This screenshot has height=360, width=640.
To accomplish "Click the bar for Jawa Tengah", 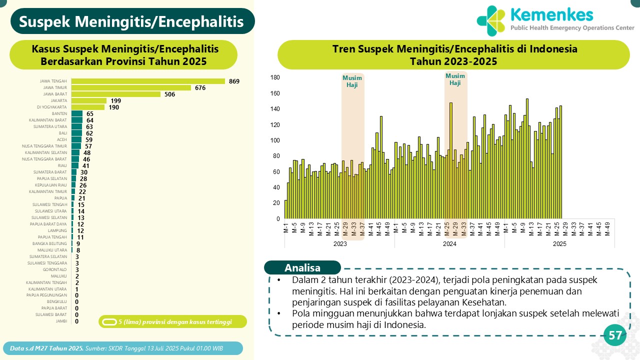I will (x=148, y=81).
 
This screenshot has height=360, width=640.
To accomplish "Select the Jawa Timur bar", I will (x=131, y=87).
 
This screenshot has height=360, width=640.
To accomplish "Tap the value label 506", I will (x=169, y=94).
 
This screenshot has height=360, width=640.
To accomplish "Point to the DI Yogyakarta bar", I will (x=88, y=107).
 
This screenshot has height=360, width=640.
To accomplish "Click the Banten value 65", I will (x=90, y=113).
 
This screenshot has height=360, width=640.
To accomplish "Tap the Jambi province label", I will (x=61, y=321).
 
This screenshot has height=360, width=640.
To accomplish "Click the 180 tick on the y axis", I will (x=275, y=77).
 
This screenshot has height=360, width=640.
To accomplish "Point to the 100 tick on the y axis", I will (x=275, y=140).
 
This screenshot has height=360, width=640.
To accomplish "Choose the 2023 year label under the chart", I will (x=340, y=243).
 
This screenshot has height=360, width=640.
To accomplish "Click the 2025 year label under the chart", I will (x=559, y=243).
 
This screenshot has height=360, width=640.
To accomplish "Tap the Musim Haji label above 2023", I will (x=352, y=81).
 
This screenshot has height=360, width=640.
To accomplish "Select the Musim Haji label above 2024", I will (x=455, y=79).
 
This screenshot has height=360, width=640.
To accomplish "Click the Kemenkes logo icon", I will (x=491, y=21).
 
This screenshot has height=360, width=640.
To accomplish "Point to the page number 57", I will (x=615, y=335).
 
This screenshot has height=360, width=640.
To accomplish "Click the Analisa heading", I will (x=302, y=267).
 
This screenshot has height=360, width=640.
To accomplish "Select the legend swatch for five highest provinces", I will (x=109, y=321).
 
